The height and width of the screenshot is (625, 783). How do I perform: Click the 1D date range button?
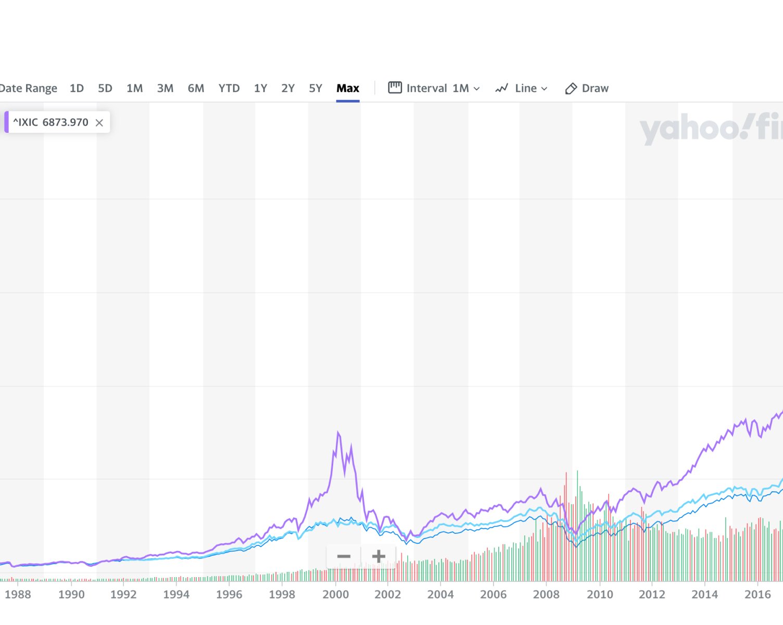pos(77,88)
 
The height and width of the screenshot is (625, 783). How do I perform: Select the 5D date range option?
pos(105,88)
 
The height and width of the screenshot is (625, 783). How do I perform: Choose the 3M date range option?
pos(165,88)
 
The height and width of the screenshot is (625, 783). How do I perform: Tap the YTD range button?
pos(229,88)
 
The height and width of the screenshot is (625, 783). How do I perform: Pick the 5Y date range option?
pos(315,88)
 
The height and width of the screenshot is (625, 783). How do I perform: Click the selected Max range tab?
pos(348,88)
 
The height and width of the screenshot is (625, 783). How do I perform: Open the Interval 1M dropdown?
pos(443,88)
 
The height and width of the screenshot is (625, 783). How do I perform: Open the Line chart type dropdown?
pos(522,88)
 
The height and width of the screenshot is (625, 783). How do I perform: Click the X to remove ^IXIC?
pos(99,123)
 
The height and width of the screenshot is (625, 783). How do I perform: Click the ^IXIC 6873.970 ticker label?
pos(50,122)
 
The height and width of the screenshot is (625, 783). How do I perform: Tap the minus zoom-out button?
pos(344,556)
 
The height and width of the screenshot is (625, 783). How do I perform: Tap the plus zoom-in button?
pos(378,556)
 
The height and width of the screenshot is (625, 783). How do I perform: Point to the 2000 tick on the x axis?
pos(336,594)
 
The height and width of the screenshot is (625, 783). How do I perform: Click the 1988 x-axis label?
pos(18,594)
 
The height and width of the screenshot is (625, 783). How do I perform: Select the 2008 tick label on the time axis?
pos(546,594)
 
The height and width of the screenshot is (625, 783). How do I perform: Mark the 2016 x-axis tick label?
pos(757,594)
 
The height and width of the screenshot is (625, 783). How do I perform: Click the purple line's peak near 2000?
pos(338,432)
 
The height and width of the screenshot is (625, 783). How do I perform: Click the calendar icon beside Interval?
pos(395,87)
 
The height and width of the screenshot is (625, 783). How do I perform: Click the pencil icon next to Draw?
pos(571,89)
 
